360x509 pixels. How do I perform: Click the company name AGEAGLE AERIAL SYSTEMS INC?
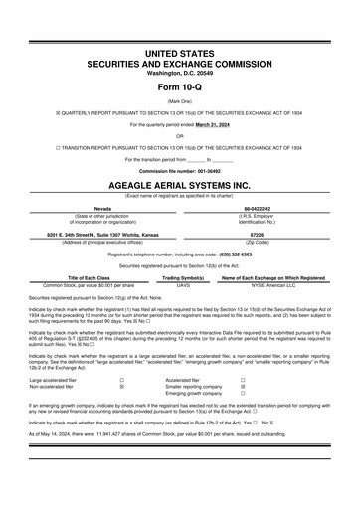179,186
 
